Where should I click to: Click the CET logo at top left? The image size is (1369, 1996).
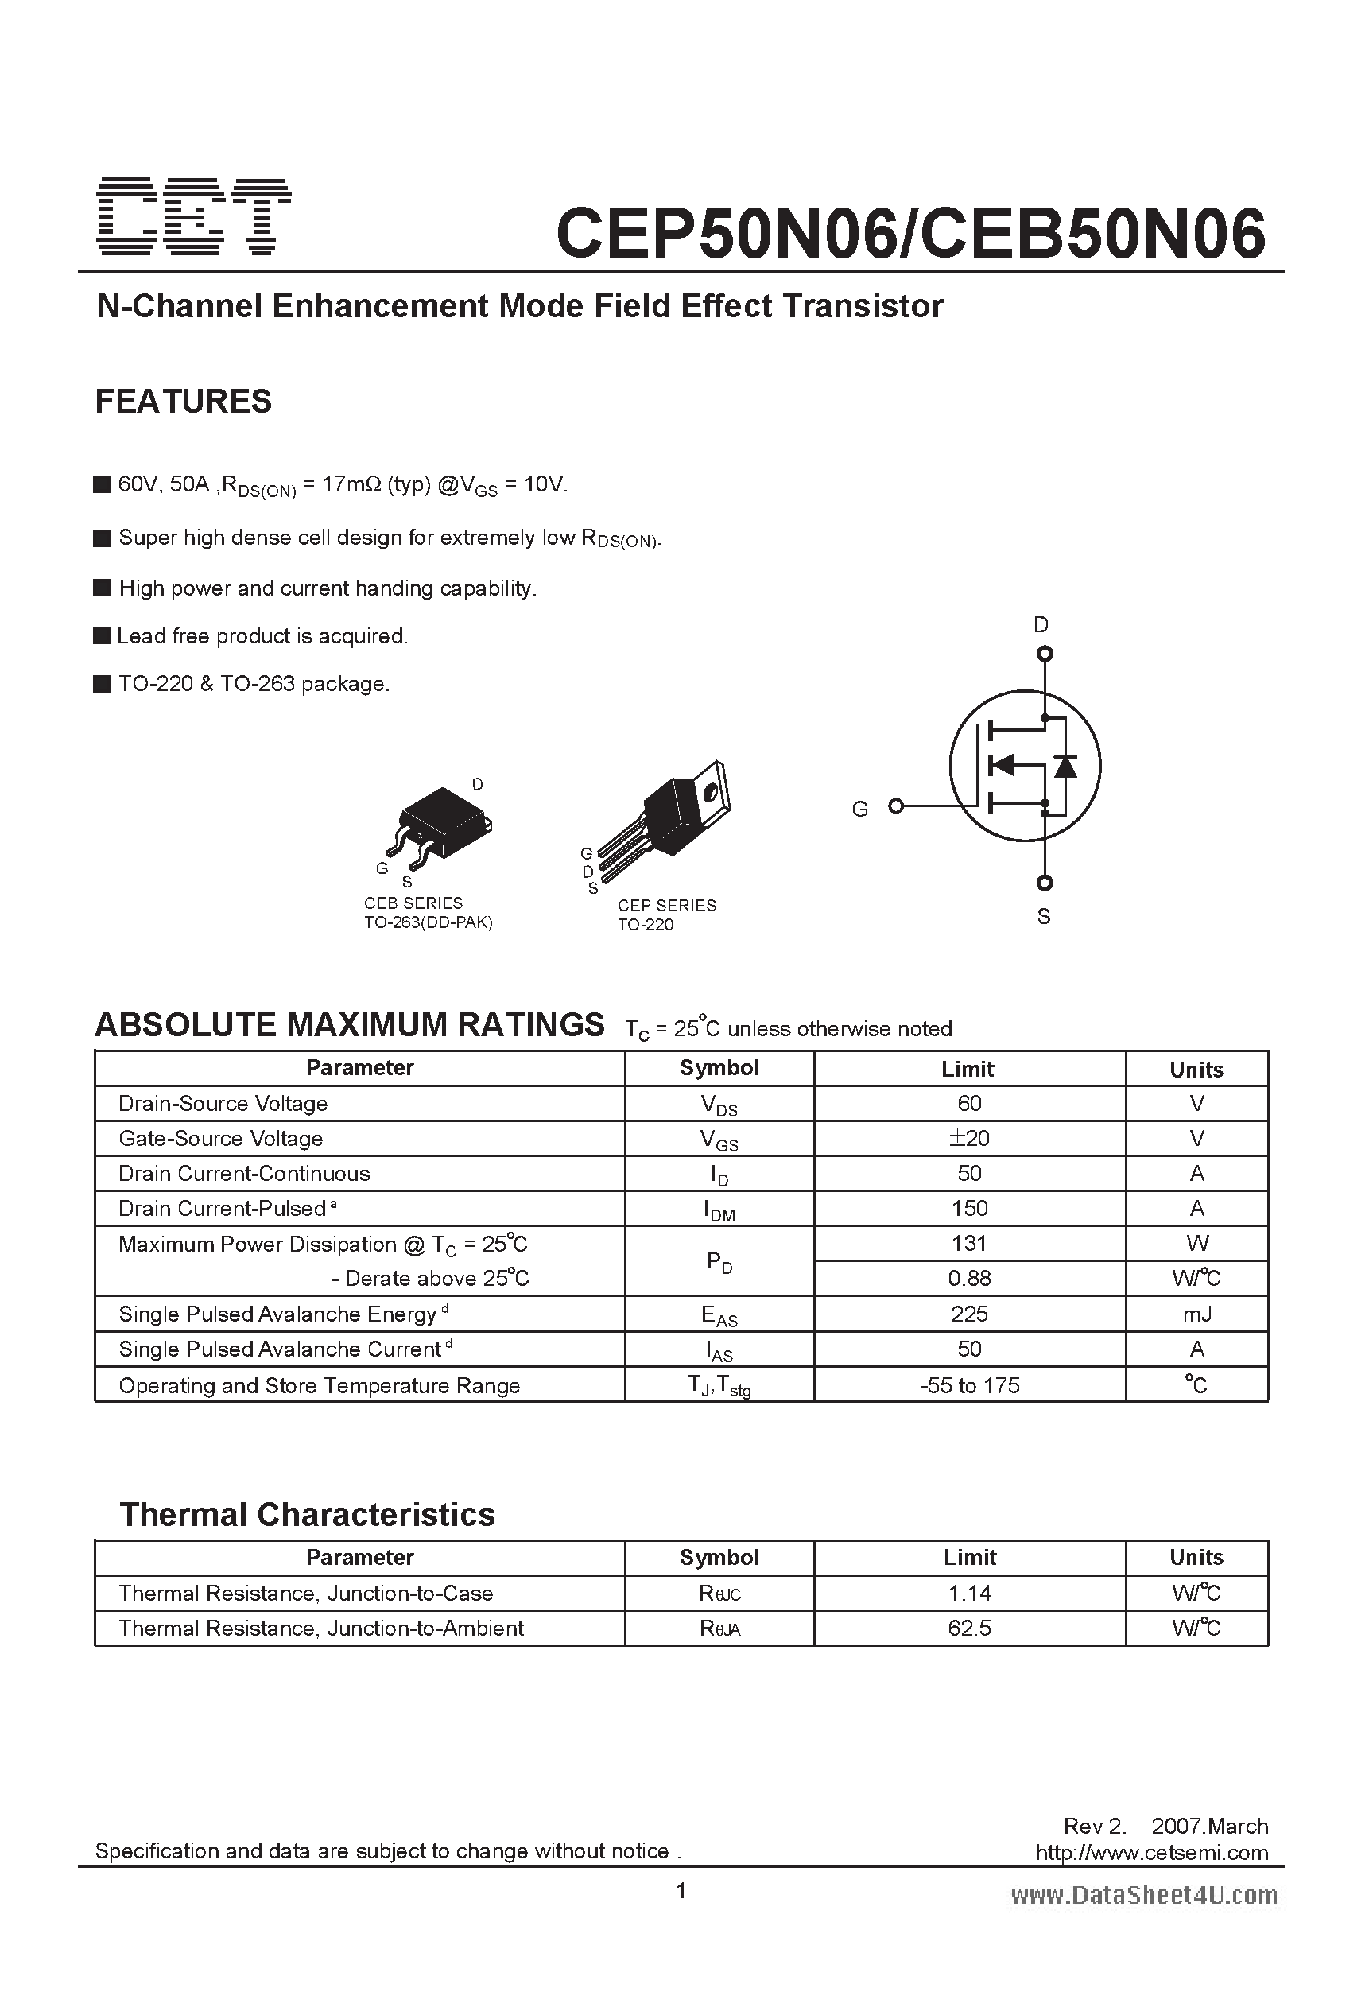pos(194,216)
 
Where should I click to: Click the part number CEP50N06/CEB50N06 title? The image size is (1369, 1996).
pos(910,234)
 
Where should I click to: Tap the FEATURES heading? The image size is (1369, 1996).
pos(183,401)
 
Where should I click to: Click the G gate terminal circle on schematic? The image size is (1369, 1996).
pos(896,806)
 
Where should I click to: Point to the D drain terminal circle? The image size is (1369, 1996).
pos(1045,654)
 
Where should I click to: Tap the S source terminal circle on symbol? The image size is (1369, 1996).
pos(1045,883)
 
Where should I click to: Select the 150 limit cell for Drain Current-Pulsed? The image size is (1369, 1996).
pos(969,1209)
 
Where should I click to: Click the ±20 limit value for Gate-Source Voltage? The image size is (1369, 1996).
pos(969,1138)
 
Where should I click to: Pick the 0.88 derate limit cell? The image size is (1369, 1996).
pos(969,1279)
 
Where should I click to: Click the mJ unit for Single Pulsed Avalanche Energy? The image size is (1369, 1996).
pos(1196,1314)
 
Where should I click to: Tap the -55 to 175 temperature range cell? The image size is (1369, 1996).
pos(969,1385)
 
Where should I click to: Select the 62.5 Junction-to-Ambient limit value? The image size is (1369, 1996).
pos(969,1629)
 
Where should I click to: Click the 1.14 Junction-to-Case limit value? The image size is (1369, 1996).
pos(969,1593)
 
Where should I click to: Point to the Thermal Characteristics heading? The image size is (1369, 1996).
pos(307,1515)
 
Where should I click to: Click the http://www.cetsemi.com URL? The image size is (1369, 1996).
pos(1151,1853)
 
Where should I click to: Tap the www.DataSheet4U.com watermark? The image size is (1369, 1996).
pos(1143,1896)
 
